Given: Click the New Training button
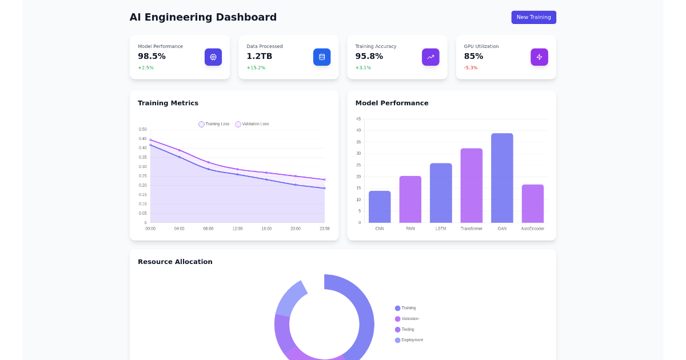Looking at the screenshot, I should coord(533,17).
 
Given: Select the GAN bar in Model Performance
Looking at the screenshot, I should coord(502,178).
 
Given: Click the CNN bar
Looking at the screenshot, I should coord(380,207).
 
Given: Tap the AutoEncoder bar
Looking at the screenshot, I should coord(532,203).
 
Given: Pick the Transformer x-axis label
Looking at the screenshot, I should coord(471,229).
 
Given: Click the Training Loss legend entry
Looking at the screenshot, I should coord(214,124).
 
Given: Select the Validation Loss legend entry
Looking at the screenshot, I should coord(252,124).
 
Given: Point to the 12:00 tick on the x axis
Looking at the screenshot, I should coord(237,229).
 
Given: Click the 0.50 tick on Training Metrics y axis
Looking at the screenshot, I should coord(142,129).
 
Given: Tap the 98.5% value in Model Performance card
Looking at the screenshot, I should coord(151,56).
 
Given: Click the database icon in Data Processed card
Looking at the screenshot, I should coord(322,57).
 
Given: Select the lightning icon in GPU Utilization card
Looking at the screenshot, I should coord(539,57).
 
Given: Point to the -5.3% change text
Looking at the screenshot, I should coord(470,68).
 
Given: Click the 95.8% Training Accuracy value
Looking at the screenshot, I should coord(369,56).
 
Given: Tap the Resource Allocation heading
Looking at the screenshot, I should coord(175,262).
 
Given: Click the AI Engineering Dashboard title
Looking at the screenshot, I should coord(203,17).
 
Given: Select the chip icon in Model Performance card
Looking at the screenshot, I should coord(213,57).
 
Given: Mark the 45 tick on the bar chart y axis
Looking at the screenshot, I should coord(358,119).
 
